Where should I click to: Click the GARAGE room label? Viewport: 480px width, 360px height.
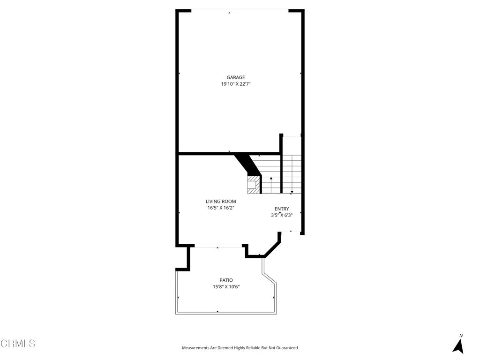point(236,78)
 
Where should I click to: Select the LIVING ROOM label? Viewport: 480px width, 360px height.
point(221,202)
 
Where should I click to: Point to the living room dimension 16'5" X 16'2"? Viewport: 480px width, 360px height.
point(221,208)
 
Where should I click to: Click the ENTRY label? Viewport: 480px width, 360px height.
point(282,209)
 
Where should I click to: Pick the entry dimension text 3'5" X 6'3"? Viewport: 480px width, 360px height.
point(282,216)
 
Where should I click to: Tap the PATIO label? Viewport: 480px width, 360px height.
point(226,280)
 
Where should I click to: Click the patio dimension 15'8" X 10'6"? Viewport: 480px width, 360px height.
point(226,287)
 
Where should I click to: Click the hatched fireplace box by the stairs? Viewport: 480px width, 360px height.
point(253,185)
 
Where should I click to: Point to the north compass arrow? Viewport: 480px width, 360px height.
point(458,346)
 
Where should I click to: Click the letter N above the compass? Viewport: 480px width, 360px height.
point(461,336)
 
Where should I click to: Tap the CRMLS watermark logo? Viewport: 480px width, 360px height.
point(18,344)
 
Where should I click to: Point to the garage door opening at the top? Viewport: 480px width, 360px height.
point(240,10)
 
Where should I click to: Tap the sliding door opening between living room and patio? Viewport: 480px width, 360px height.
point(218,245)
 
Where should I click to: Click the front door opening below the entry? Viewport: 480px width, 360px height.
point(290,232)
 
